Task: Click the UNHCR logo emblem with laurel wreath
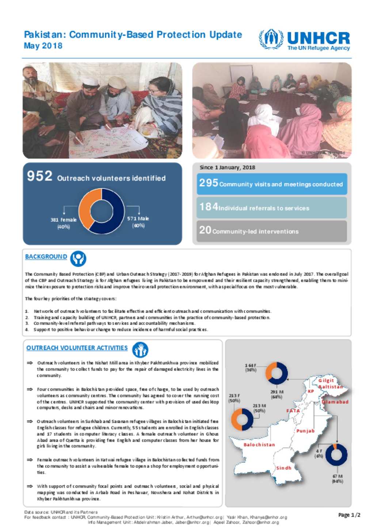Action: pos(271,39)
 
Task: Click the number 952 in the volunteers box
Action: pos(40,176)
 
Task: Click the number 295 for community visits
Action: pos(209,183)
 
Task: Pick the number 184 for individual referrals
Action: pos(209,207)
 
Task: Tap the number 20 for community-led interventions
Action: pos(205,230)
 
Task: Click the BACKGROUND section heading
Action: pos(46,257)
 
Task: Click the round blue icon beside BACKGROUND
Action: pos(78,259)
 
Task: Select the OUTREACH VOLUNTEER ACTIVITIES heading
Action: pos(77,348)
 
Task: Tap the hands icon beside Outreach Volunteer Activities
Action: pos(140,350)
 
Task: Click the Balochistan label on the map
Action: pos(259,445)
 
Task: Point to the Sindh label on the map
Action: pos(284,468)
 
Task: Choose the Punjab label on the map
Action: pos(305,431)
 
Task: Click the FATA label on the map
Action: pos(293,411)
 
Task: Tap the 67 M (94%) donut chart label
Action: pos(337,479)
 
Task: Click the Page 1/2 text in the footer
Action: pos(349,515)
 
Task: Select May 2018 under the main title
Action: pos(43,46)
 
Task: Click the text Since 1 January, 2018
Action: pos(227,168)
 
